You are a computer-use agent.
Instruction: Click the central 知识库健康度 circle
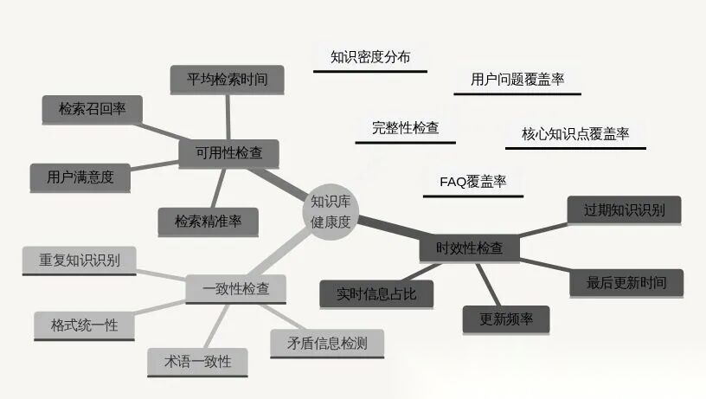331,211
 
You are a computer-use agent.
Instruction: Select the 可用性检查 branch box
228,154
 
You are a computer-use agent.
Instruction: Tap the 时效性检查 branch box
469,248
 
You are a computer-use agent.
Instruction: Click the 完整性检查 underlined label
406,128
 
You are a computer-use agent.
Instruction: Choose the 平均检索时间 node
228,80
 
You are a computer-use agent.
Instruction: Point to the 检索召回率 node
93,109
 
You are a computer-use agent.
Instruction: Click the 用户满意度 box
80,177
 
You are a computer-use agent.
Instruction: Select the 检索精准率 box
208,222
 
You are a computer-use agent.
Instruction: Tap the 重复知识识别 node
79,260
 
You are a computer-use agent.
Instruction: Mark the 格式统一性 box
84,325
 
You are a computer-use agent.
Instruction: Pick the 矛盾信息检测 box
327,343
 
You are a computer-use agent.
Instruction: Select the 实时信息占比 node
376,294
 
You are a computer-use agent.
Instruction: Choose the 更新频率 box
506,319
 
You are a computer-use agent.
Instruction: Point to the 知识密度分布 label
370,58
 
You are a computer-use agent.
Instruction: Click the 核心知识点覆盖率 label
575,134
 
